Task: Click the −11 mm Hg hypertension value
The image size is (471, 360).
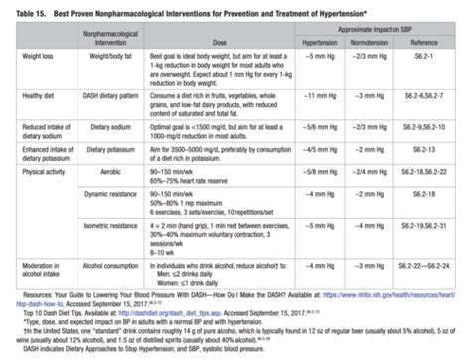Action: click(318, 101)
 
